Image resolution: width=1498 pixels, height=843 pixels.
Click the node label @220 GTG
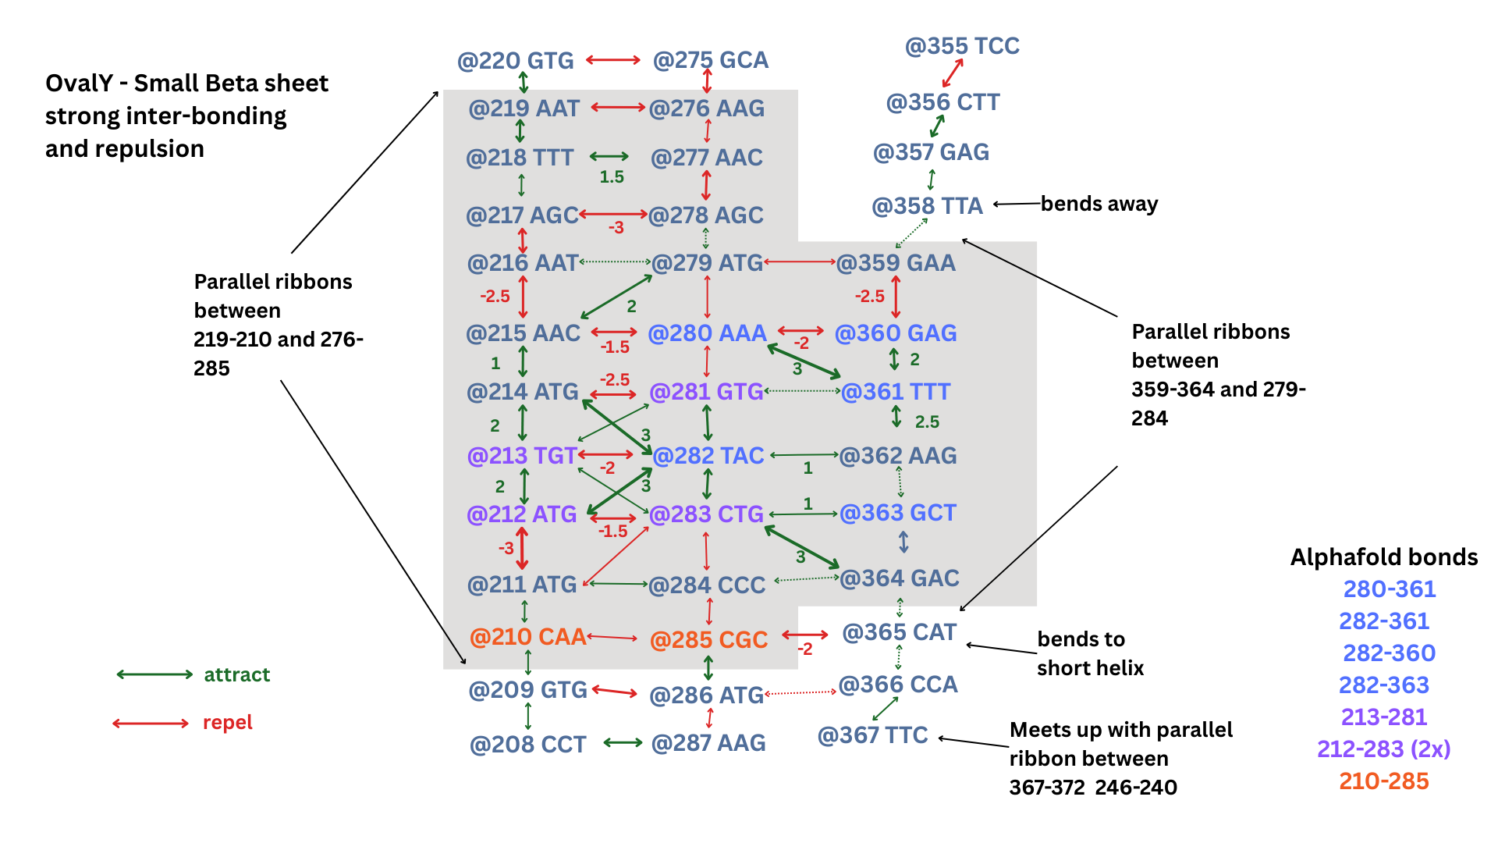[x=515, y=61]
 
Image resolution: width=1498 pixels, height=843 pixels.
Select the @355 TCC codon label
[x=962, y=46]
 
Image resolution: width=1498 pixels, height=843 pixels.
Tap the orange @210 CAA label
[x=527, y=637]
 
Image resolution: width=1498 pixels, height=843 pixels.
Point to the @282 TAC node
[x=708, y=456]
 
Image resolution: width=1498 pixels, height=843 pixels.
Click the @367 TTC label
[x=872, y=735]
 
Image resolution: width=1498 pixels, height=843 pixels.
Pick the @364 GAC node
[x=899, y=578]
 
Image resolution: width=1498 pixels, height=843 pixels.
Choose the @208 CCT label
[x=527, y=745]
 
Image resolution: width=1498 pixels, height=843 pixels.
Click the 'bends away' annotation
[x=1099, y=204]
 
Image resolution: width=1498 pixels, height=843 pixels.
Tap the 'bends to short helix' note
[x=1090, y=653]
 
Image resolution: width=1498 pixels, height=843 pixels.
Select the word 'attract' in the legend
[x=236, y=674]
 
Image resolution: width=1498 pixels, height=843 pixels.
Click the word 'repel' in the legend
[x=227, y=723]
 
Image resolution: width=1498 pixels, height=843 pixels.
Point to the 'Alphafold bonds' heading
[x=1383, y=557]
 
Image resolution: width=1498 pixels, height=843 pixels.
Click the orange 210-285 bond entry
[x=1383, y=781]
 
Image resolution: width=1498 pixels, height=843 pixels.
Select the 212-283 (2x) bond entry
[x=1383, y=749]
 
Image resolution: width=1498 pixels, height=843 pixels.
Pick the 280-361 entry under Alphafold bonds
[x=1389, y=589]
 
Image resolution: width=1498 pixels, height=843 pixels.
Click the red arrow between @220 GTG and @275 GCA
[x=613, y=60]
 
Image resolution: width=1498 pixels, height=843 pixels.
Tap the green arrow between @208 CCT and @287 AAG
[x=623, y=742]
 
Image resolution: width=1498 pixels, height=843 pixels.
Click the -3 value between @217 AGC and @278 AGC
[x=616, y=228]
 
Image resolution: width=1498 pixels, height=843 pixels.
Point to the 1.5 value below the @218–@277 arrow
[x=612, y=177]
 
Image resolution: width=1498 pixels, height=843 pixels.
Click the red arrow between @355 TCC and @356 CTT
[x=953, y=73]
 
